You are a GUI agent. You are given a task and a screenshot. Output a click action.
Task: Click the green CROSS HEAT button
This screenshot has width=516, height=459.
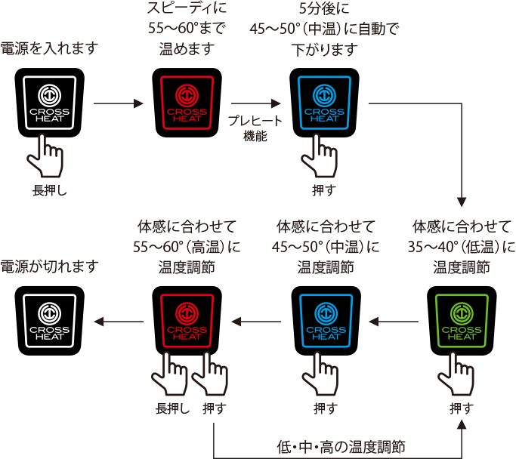coord(462,320)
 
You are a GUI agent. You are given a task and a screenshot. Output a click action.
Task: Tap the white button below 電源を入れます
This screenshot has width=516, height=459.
coord(49,103)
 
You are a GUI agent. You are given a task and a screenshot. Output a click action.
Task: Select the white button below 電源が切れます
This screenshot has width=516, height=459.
coord(49,320)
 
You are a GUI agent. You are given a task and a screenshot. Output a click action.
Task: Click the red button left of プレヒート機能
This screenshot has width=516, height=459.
coord(187,103)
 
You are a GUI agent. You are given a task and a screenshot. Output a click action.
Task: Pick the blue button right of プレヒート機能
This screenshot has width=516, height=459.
coord(324,103)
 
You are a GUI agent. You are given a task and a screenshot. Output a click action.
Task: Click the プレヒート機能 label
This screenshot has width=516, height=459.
coord(255,128)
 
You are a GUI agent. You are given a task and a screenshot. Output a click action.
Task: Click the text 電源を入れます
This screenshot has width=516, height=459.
coord(50,49)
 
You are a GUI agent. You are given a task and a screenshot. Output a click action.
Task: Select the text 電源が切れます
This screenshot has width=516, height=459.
coord(50,266)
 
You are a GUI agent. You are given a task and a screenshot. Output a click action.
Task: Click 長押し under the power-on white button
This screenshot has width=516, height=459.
coord(50,190)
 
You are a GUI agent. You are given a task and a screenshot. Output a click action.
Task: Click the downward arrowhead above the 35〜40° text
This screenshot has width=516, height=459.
coord(462,202)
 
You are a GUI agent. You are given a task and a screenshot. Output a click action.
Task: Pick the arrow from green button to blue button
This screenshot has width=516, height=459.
coord(393,322)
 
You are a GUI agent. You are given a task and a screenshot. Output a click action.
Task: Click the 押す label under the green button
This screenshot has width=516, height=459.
coord(461,408)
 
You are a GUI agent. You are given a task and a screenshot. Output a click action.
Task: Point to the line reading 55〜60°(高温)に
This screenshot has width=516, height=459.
coord(187,247)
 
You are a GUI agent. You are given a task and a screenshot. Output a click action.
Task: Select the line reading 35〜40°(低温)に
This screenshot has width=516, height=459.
coord(462,247)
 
